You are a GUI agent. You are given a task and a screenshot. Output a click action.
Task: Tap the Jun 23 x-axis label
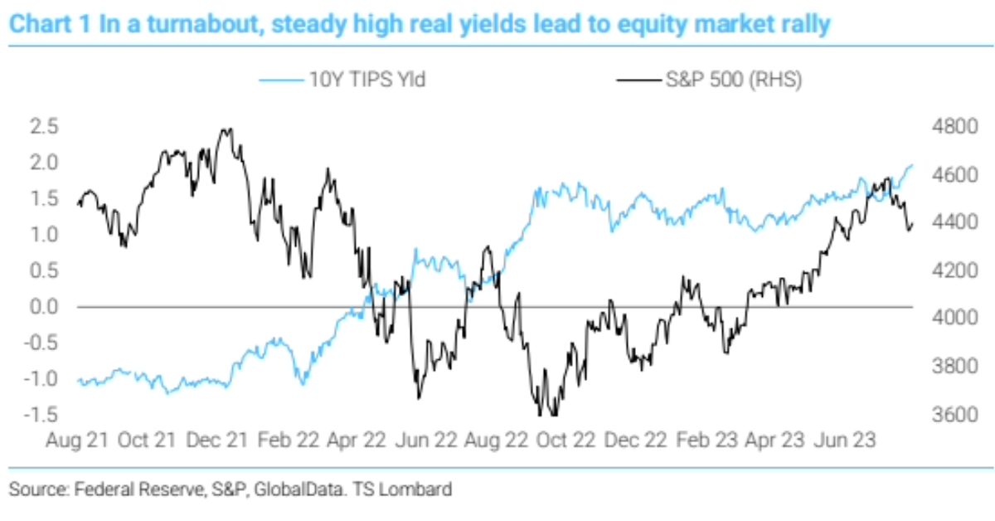(847, 439)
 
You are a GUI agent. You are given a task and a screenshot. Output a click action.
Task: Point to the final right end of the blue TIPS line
(912, 165)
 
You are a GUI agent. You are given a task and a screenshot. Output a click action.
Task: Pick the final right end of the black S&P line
(912, 224)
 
